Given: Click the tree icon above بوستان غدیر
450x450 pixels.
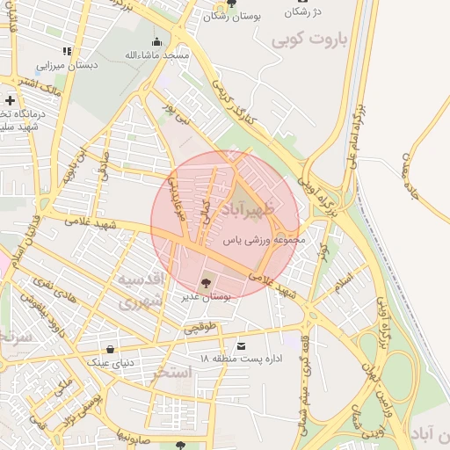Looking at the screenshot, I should click(206, 283).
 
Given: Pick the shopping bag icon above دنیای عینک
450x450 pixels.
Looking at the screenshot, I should click(110, 349).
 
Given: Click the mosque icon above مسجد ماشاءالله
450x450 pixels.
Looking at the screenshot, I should click(157, 41).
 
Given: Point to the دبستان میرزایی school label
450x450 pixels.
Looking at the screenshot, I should click(67, 65).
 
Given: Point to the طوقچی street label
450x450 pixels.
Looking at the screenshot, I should click(199, 327).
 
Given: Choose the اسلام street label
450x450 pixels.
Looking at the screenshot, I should click(343, 281).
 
